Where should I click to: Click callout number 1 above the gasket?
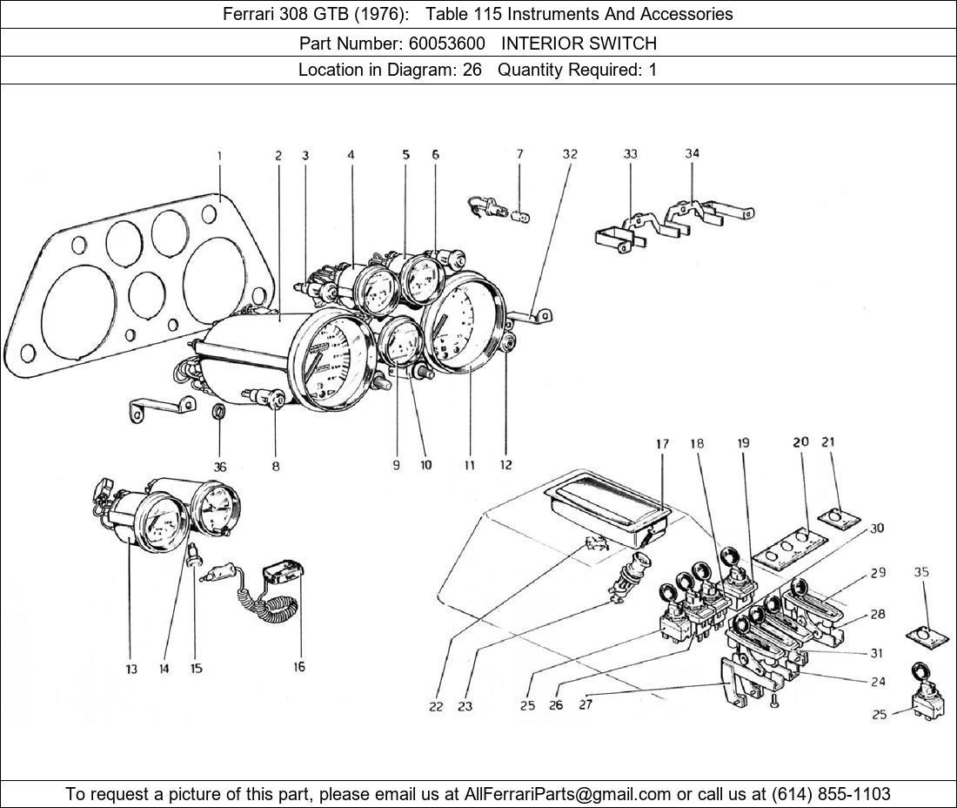tap(219, 156)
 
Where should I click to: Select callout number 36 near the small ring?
tap(220, 466)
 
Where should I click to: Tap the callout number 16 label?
tap(298, 667)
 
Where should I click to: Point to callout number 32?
tap(569, 154)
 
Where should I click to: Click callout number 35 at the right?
tap(922, 572)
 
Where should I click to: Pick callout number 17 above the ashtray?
tap(663, 444)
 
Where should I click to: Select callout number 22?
tap(436, 706)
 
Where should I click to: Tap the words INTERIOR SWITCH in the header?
tap(579, 43)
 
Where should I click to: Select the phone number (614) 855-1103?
tap(830, 794)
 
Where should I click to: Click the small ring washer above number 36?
tap(221, 412)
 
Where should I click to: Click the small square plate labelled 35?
tap(924, 636)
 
